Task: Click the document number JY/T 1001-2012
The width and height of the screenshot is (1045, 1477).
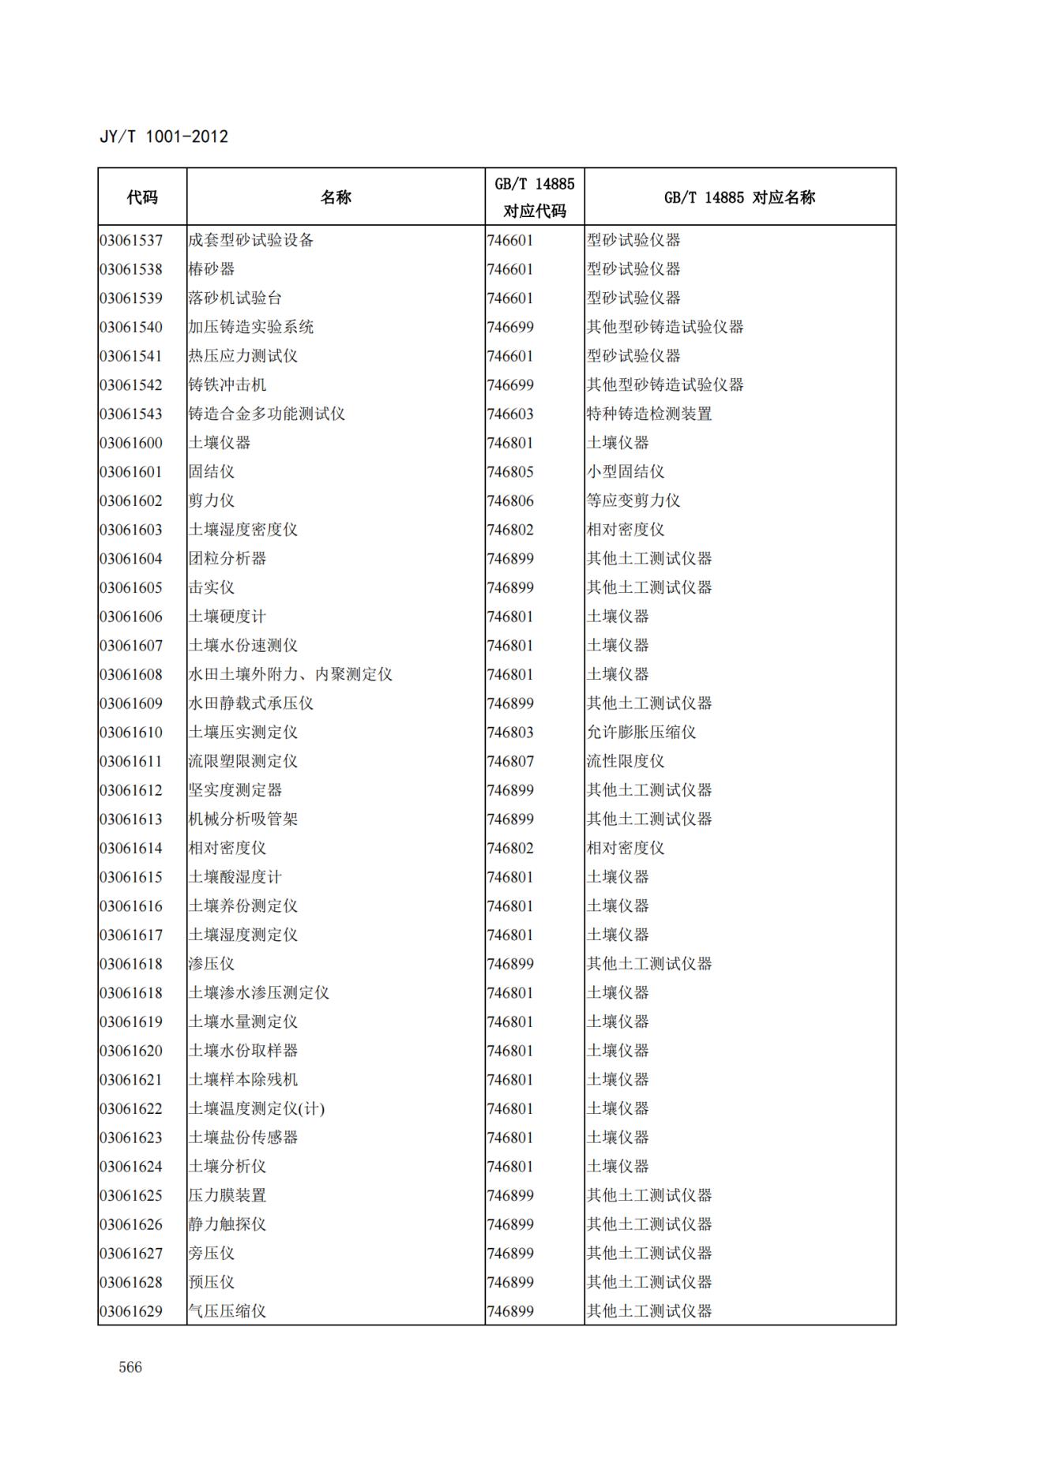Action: tap(164, 137)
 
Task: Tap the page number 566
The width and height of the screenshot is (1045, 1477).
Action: tap(130, 1367)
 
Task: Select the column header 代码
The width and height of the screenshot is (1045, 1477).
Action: tap(142, 197)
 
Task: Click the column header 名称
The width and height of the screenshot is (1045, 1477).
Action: tap(336, 197)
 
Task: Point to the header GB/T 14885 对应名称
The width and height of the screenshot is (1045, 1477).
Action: tap(739, 197)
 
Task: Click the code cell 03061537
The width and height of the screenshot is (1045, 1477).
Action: tap(131, 240)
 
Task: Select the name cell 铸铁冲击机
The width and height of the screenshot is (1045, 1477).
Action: tap(227, 385)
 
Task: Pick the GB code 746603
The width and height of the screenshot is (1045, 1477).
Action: tap(510, 414)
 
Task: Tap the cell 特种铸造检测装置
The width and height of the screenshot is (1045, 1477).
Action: tap(649, 414)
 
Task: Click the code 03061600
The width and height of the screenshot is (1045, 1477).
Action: tap(131, 443)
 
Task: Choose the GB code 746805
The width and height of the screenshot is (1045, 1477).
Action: tap(510, 472)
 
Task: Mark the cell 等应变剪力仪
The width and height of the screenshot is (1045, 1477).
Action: tap(633, 500)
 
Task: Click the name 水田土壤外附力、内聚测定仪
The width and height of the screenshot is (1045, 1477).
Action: tap(290, 674)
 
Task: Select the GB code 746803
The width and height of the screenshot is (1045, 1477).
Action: tap(510, 733)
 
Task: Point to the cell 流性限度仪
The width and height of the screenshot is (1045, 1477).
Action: tap(626, 761)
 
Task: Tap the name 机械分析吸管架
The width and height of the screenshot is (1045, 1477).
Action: tap(243, 819)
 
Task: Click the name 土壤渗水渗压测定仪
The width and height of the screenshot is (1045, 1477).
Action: tap(258, 993)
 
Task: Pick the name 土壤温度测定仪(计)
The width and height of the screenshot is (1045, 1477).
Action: tap(257, 1108)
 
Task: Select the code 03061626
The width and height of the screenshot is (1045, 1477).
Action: tap(131, 1224)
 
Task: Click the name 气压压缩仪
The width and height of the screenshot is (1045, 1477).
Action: tap(227, 1311)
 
